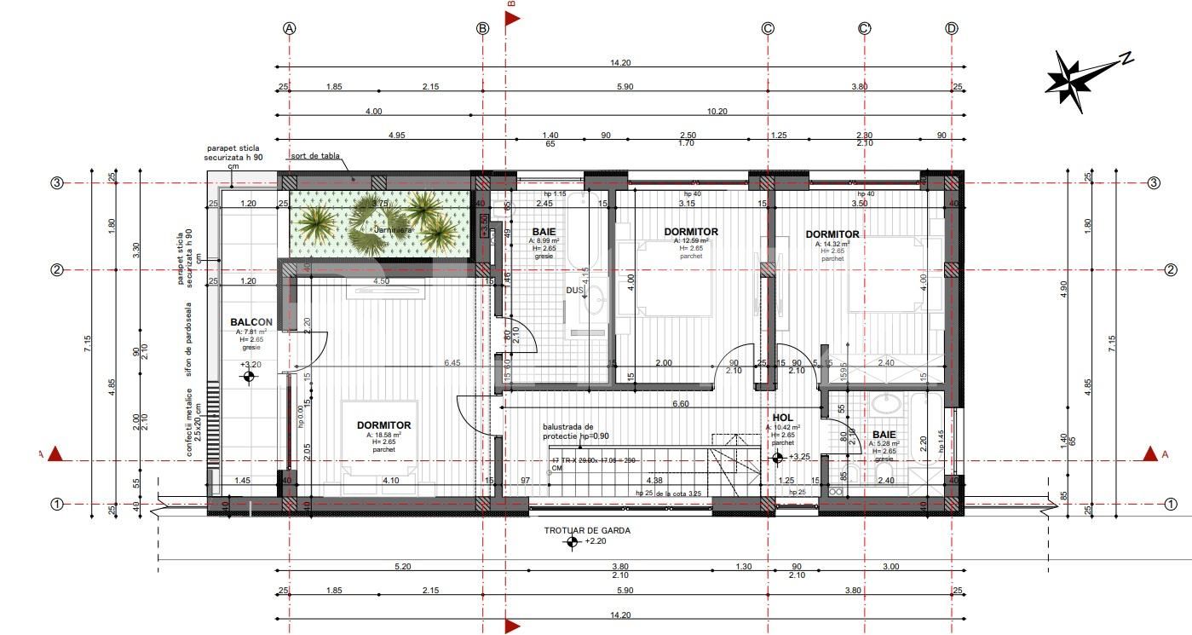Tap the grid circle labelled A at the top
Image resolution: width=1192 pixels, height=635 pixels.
pyautogui.click(x=290, y=28)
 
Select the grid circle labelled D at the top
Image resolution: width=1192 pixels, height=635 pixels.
pyautogui.click(x=952, y=28)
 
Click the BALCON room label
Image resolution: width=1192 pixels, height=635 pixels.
pyautogui.click(x=250, y=322)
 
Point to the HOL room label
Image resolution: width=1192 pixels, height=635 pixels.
pyautogui.click(x=782, y=418)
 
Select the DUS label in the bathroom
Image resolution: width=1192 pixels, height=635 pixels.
pyautogui.click(x=575, y=291)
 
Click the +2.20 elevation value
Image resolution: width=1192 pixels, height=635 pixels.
pyautogui.click(x=596, y=540)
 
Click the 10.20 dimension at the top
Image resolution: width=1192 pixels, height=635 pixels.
pyautogui.click(x=718, y=112)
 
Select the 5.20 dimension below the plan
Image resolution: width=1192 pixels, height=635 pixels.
pyautogui.click(x=402, y=567)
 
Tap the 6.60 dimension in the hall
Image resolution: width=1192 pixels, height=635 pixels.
pyautogui.click(x=680, y=404)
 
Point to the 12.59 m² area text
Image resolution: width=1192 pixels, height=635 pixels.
pyautogui.click(x=691, y=241)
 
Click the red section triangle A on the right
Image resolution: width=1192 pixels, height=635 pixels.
pyautogui.click(x=1150, y=453)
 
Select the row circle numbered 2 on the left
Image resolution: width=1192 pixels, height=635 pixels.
pyautogui.click(x=57, y=270)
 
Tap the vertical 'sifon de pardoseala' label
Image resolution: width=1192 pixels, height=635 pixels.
pyautogui.click(x=189, y=338)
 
